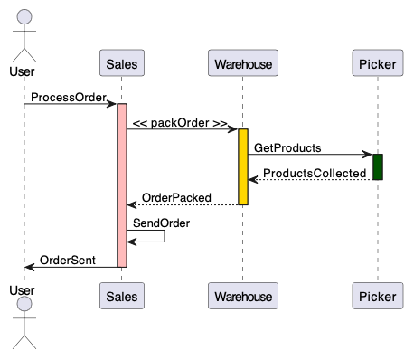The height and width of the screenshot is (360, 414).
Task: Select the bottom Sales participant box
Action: click(122, 296)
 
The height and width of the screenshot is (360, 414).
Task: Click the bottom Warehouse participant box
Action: click(242, 296)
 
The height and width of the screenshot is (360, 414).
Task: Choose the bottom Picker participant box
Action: click(377, 296)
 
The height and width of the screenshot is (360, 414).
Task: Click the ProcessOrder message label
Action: click(68, 97)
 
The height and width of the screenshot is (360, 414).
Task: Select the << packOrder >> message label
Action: click(179, 122)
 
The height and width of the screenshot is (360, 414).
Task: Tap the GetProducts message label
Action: click(287, 147)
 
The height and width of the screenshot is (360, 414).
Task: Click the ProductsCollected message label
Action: click(314, 173)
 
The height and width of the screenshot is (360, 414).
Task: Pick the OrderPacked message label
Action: click(176, 198)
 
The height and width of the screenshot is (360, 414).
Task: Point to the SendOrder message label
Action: click(161, 223)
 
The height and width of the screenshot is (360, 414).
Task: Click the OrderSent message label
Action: click(68, 260)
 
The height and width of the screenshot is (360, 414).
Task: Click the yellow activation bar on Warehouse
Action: click(243, 166)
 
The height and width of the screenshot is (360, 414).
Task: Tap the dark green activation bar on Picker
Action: click(377, 166)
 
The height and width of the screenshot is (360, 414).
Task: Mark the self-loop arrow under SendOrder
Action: click(154, 237)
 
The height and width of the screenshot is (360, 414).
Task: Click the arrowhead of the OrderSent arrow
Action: click(29, 267)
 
